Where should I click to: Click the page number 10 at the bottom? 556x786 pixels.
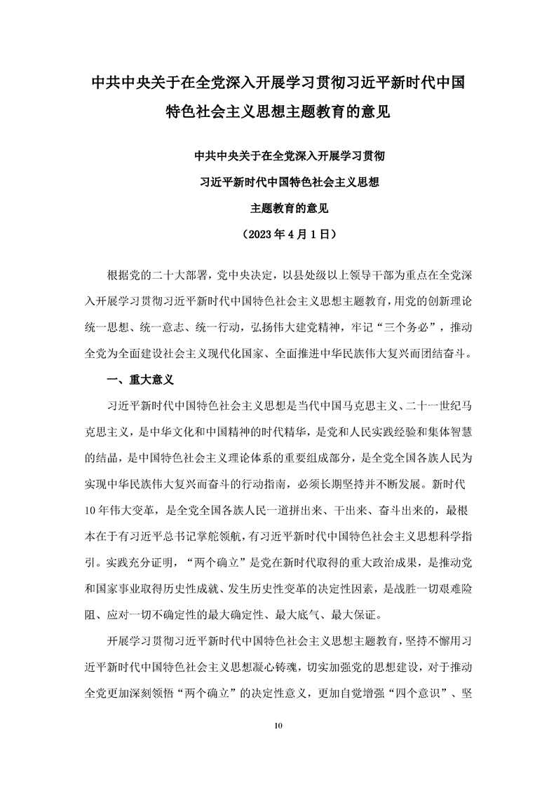point(278,724)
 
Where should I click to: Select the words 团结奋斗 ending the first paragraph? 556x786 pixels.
point(442,354)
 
